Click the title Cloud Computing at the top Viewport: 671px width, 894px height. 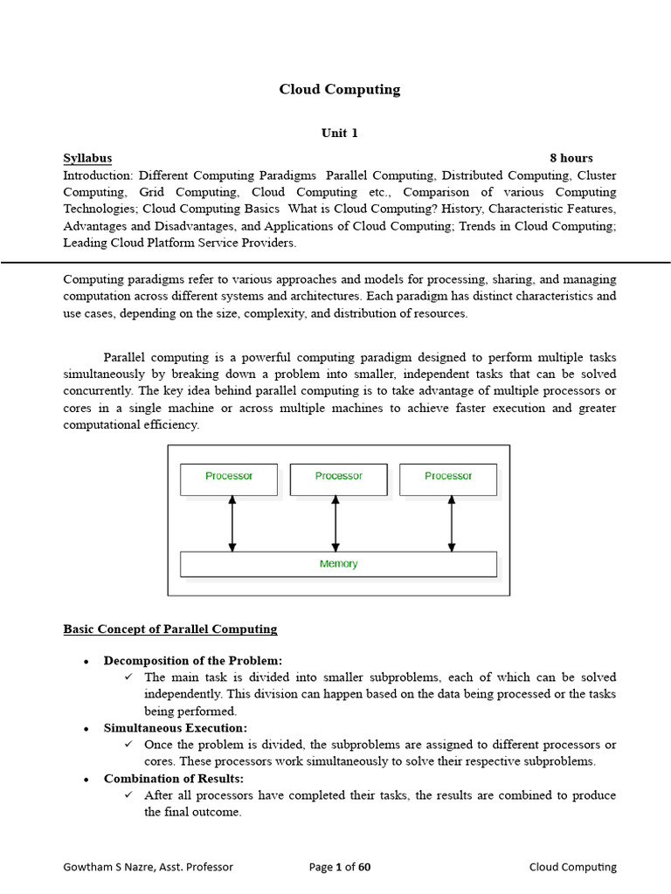coord(339,89)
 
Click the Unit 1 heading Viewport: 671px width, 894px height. coord(340,133)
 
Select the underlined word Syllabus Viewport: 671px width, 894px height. coord(87,158)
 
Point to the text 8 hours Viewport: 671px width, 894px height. coord(571,158)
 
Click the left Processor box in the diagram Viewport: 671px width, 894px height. coord(229,479)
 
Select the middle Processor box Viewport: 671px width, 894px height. coord(338,479)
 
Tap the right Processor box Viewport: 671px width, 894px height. coord(448,479)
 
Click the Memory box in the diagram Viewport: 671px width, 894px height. coord(338,564)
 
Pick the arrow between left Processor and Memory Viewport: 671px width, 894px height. coord(232,524)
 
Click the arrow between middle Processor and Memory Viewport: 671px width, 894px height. coord(335,524)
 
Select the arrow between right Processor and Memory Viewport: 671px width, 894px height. coord(451,524)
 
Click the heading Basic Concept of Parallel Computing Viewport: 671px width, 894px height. coord(170,629)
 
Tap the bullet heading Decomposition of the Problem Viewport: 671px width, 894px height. coord(193,660)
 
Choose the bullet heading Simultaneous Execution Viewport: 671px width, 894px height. coord(176,727)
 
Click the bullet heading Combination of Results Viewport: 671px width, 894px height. coord(174,778)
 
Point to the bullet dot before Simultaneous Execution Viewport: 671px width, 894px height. coord(86,728)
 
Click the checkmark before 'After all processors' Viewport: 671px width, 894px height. coord(128,795)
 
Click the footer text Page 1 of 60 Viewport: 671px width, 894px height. coord(340,867)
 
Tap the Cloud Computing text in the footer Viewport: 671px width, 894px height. coord(572,867)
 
